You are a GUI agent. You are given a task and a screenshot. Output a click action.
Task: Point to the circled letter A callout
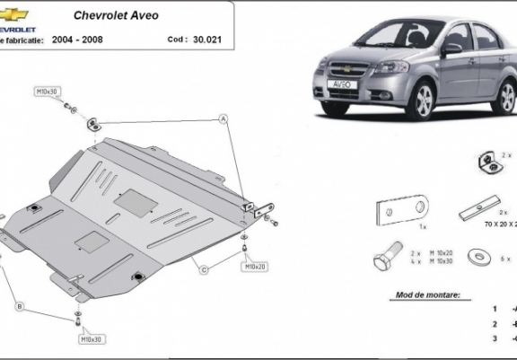tap(223, 119)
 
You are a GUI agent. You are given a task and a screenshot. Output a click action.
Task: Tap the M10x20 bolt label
tap(255, 267)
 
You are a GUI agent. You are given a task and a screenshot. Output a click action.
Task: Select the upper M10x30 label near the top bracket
tap(47, 92)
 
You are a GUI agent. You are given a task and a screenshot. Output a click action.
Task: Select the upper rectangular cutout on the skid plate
tap(135, 202)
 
